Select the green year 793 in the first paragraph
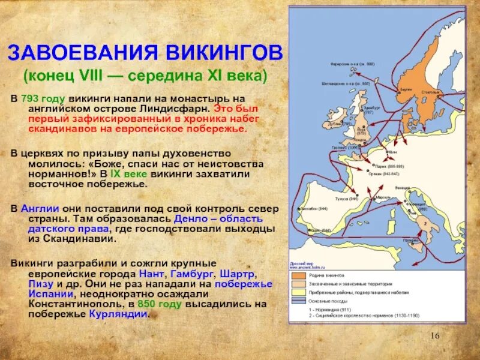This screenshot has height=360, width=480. pos(32,98)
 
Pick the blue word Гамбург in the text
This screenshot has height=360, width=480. pos(194,273)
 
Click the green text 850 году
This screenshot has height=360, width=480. pos(160,304)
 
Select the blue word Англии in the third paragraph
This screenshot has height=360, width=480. pos(40,208)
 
